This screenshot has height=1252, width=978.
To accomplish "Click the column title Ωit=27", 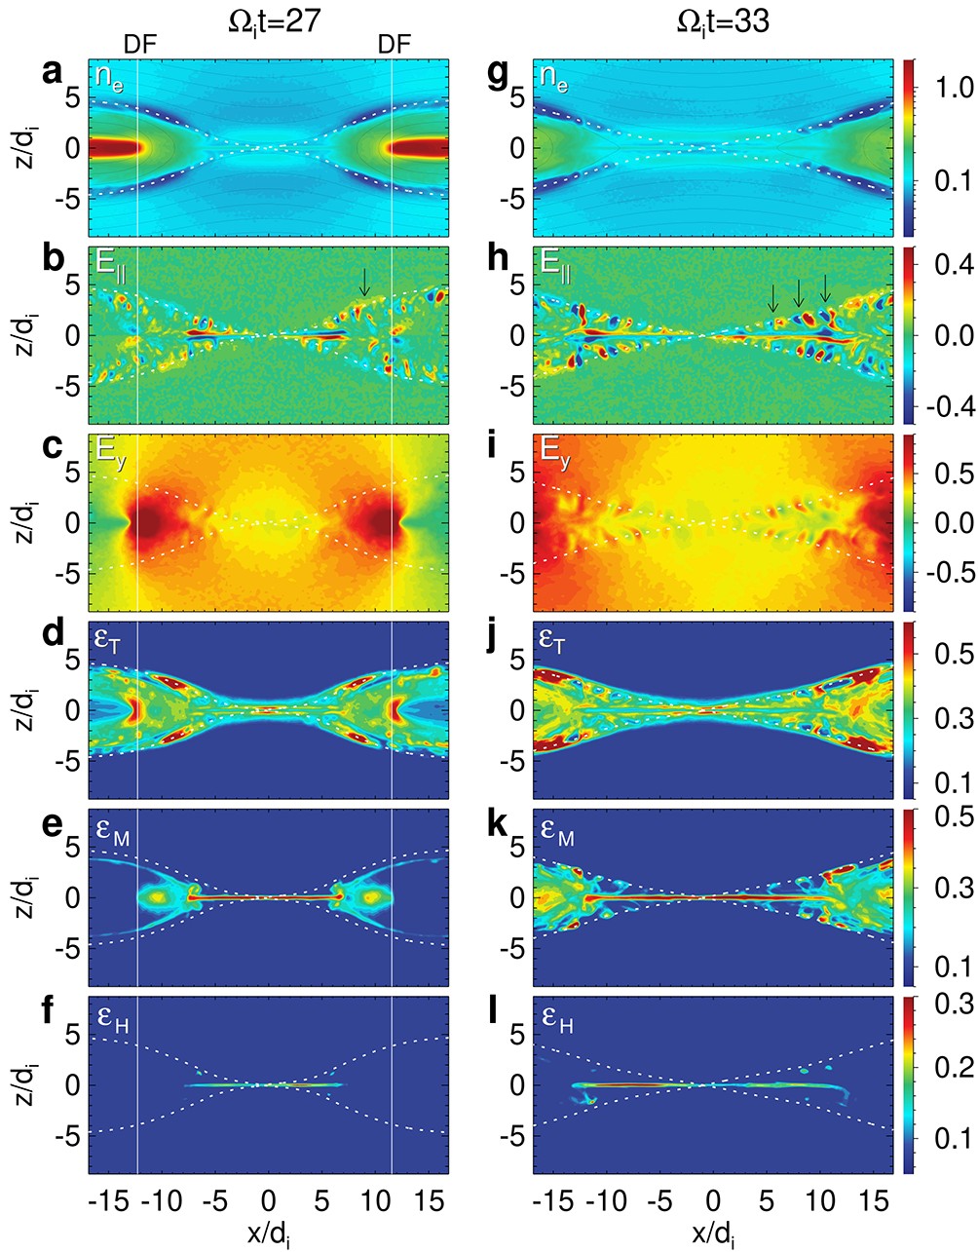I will pos(267,20).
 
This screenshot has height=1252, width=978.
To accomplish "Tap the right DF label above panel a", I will pos(394,45).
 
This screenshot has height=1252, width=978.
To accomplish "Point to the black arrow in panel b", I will pos(365,282).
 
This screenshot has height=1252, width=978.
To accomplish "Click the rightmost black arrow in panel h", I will pos(826,287).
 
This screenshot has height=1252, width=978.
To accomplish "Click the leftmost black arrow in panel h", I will pos(773,297).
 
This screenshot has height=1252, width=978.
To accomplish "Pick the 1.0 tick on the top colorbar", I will pos(950,88).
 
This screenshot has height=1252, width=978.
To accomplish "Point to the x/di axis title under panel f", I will pos(270,1233).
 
